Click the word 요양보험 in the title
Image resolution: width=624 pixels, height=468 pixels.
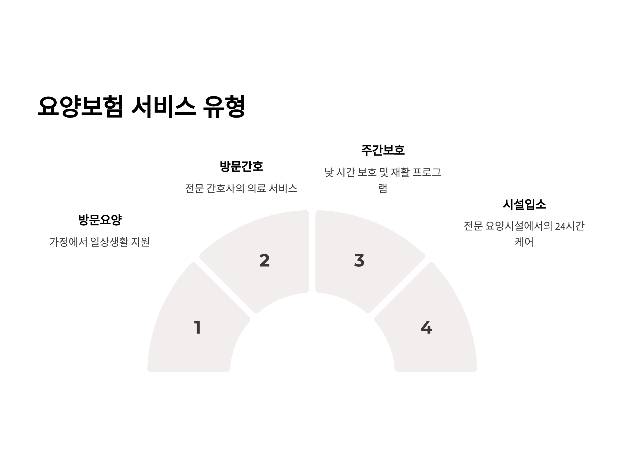80,106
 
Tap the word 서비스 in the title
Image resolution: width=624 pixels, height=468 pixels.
163,106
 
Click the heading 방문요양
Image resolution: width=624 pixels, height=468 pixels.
100,220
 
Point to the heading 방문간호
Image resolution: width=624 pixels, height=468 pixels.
241,166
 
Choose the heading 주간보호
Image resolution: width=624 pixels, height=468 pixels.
383,150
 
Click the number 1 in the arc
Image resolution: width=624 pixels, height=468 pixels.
197,328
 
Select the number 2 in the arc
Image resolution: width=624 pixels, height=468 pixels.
264,260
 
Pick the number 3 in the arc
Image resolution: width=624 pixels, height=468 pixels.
359,260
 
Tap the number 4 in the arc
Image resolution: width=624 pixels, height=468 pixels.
426,328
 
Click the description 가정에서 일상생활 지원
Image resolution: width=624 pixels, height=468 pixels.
100,242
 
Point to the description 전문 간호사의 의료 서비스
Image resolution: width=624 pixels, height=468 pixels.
241,188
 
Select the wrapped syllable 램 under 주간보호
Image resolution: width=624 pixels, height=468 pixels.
383,188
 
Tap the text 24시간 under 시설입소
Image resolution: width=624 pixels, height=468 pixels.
570,226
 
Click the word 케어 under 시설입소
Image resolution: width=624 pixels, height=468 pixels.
524,242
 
